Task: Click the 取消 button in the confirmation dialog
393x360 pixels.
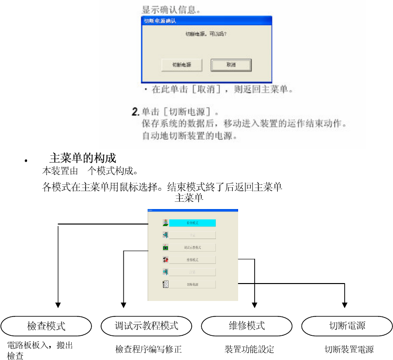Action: point(231,64)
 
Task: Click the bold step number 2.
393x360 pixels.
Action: point(136,112)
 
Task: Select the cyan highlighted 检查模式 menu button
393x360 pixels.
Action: point(192,223)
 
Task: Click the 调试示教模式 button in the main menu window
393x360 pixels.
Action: point(192,247)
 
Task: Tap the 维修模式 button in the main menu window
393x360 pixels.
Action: point(192,260)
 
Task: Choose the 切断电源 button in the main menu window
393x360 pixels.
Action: point(192,285)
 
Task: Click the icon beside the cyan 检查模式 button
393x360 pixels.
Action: point(166,223)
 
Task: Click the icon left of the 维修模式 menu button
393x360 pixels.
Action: point(166,260)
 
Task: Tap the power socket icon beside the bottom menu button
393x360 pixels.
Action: point(166,285)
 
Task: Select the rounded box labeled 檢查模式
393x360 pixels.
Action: point(46,326)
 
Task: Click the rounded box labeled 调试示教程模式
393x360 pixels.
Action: point(147,326)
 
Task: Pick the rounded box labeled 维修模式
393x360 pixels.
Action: point(247,326)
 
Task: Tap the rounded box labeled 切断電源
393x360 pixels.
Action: point(347,326)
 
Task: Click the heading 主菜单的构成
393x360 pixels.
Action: point(82,158)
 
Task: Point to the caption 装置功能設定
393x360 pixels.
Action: point(249,349)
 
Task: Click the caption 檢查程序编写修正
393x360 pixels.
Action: point(149,349)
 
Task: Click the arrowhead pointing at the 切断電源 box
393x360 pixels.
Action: point(345,305)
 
